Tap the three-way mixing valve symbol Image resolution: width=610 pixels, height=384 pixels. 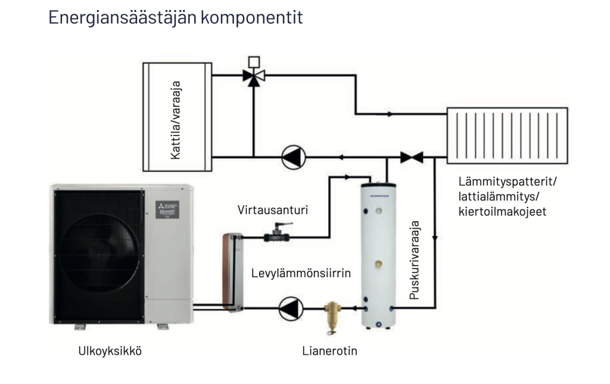253,76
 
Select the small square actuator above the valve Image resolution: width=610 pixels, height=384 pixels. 253,61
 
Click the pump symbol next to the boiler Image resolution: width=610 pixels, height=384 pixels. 293,157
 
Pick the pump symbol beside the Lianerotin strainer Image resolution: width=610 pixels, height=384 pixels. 291,308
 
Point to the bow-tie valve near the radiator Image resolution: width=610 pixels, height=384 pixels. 412,157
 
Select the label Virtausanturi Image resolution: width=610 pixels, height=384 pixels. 259,210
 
